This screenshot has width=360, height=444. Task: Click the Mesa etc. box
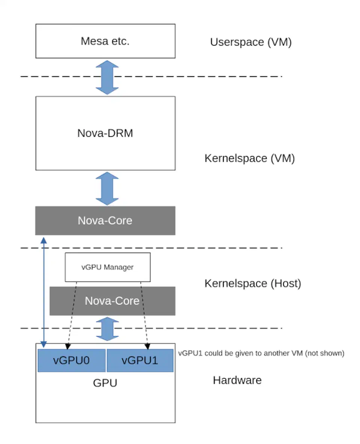[105, 41]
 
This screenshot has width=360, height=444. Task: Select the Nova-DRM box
[105, 133]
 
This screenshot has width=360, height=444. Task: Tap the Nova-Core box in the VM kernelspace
[105, 220]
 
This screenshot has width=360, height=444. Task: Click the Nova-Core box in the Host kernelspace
[112, 301]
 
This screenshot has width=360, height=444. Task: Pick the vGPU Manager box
[108, 267]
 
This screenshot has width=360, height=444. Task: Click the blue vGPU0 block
[72, 360]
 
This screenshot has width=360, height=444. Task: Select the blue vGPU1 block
[140, 360]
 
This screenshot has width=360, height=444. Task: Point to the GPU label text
[105, 383]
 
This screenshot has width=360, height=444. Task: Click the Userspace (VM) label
[250, 42]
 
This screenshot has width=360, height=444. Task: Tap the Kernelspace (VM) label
[249, 158]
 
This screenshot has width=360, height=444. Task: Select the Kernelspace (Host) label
[252, 283]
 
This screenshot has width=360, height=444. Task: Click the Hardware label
[237, 380]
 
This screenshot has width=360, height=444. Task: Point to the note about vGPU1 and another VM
[261, 353]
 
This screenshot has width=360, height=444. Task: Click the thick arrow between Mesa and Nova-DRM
[107, 77]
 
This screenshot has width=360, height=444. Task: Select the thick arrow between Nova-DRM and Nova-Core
[107, 188]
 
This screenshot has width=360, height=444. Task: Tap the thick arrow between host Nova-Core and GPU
[107, 328]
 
